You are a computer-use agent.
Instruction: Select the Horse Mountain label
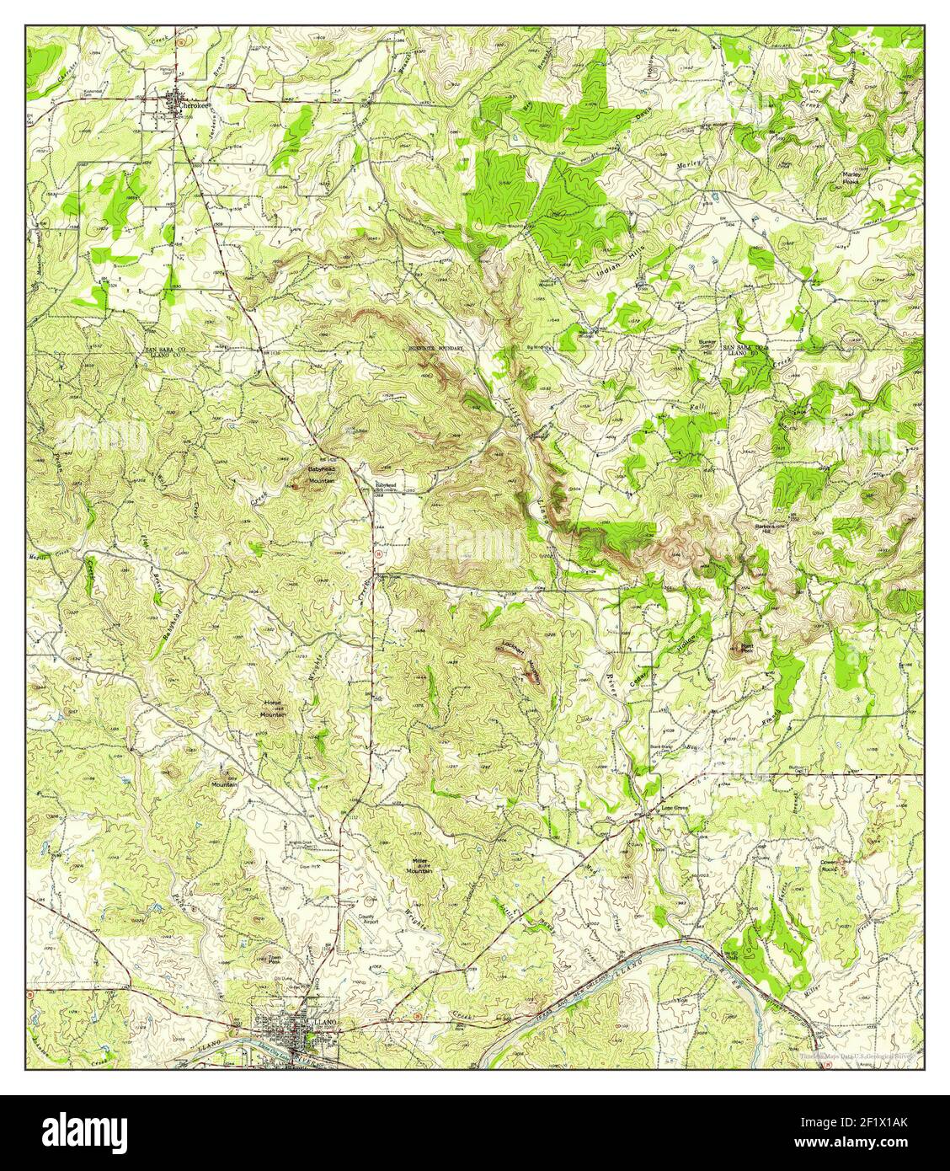point(272,710)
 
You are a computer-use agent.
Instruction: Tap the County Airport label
point(369,920)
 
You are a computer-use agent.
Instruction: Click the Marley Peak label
point(855,177)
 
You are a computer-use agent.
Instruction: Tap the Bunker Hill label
point(707,345)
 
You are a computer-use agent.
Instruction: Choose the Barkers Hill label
point(764,528)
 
